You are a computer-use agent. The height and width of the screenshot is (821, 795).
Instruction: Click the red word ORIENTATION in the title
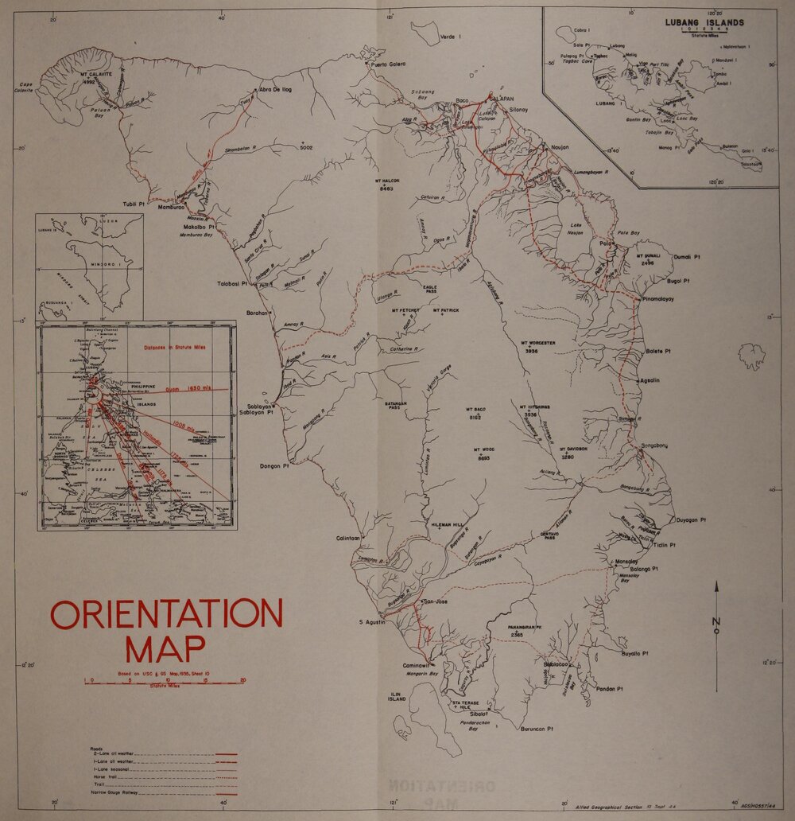166,613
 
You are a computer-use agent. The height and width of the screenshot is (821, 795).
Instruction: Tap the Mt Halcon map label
386,182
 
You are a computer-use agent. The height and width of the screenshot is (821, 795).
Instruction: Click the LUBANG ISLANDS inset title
704,22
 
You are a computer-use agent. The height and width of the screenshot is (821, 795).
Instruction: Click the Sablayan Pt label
258,413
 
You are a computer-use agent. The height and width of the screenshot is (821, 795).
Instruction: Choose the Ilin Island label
396,695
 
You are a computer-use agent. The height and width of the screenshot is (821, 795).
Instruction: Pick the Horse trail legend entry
103,777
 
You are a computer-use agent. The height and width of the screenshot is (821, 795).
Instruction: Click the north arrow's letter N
716,621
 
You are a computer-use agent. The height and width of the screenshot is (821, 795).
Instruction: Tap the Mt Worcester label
537,343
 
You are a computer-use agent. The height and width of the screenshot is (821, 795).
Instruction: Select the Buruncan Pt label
537,729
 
